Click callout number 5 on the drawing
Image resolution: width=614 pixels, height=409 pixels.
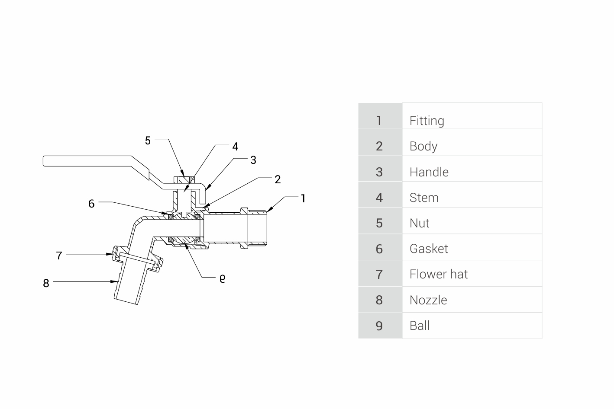pos(148,141)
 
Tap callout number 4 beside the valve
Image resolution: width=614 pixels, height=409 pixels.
pos(235,147)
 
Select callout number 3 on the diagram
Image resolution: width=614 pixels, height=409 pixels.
pos(253,160)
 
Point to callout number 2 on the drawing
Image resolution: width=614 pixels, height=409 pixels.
pos(278,179)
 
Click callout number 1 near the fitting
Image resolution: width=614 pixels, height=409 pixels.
pos(303,198)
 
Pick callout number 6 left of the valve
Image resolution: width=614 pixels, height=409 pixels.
pos(91,204)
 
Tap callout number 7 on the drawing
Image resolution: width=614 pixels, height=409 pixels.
pos(59,256)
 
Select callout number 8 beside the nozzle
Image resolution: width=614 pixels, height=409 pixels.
pos(46,283)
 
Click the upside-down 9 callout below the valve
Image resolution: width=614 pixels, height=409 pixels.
pos(222,278)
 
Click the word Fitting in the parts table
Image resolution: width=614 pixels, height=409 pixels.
pos(427,121)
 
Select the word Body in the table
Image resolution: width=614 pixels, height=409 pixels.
pos(423,146)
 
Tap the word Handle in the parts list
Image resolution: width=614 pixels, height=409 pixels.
pos(429,172)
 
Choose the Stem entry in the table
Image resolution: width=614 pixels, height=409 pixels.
pos(424,198)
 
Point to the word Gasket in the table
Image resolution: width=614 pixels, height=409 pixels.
pos(429,249)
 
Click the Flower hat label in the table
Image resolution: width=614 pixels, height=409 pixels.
pos(438,274)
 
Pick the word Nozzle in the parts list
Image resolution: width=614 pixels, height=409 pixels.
pos(428,300)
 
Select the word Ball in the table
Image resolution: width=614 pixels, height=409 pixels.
pos(419,326)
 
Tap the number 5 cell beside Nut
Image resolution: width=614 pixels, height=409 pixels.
pos(379,223)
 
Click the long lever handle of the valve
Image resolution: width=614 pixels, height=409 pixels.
pos(87,161)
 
